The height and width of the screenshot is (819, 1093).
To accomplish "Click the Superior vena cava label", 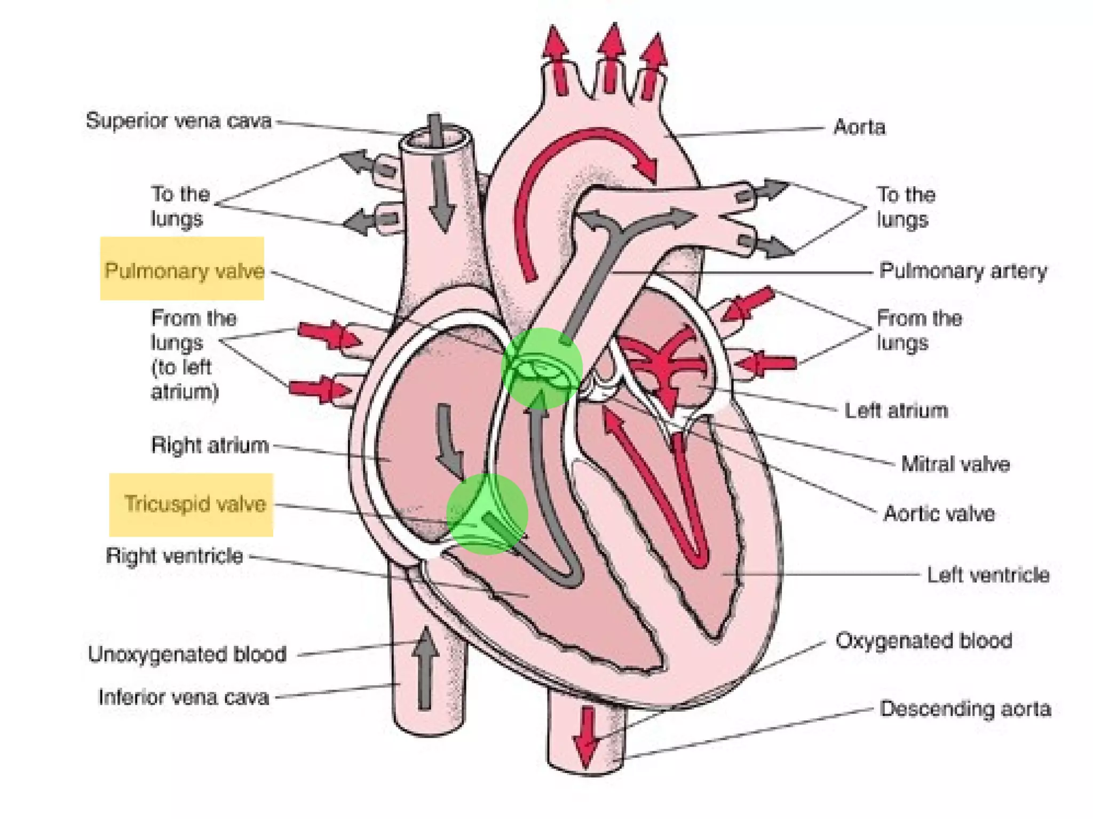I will (x=179, y=121).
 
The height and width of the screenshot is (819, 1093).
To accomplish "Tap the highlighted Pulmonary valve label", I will (x=184, y=271).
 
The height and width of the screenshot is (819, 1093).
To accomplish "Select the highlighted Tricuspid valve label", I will (x=195, y=504).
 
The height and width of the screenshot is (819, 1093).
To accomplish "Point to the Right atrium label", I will (x=210, y=445).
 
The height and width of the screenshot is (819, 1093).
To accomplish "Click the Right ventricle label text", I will (x=175, y=556).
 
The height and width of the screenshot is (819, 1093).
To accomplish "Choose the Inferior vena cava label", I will (x=184, y=697).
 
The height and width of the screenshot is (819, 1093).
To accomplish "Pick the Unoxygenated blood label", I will (x=187, y=654).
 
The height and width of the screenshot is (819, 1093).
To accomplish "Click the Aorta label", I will (x=859, y=127).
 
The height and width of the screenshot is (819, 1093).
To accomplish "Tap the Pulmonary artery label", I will (x=963, y=271).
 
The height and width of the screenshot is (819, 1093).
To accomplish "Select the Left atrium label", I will (x=896, y=411).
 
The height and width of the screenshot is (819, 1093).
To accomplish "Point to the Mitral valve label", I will (x=955, y=464).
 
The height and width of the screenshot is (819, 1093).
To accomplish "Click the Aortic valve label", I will (x=939, y=514).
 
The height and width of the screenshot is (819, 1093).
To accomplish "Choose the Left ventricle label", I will (x=988, y=575).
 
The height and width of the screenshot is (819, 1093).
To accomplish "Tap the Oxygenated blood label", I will (x=924, y=641).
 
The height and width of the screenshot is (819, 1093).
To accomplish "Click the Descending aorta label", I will (x=965, y=709).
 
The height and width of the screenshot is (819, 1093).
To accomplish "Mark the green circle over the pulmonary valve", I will (x=542, y=368).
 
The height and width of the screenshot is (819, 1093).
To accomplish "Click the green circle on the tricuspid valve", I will (x=487, y=514).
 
